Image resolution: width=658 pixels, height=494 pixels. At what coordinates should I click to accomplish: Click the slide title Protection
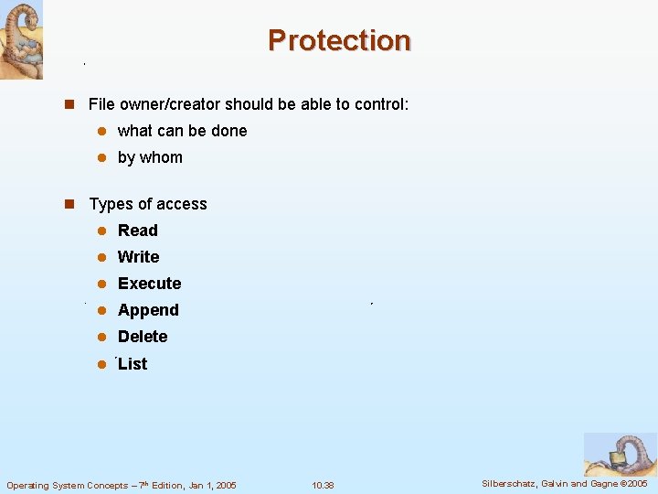339,40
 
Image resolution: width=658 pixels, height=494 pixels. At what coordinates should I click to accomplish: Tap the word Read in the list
137,231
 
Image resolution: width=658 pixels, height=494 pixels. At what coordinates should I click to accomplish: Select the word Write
138,257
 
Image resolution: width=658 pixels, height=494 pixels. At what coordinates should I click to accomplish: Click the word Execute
149,284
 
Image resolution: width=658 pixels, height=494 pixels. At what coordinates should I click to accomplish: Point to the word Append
148,310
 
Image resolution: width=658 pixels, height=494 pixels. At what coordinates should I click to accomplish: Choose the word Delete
143,337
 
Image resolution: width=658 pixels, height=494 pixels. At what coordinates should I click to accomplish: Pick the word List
133,364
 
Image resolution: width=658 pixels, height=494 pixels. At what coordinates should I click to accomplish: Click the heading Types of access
148,204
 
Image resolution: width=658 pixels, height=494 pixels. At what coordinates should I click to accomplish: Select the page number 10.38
323,485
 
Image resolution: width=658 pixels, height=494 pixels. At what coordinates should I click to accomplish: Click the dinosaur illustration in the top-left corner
21,40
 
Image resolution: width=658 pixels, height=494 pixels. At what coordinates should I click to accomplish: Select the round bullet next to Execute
103,284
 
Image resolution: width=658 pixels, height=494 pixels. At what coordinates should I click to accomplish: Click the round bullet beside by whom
103,157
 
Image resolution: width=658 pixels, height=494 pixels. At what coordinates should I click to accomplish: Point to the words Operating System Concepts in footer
54,485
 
